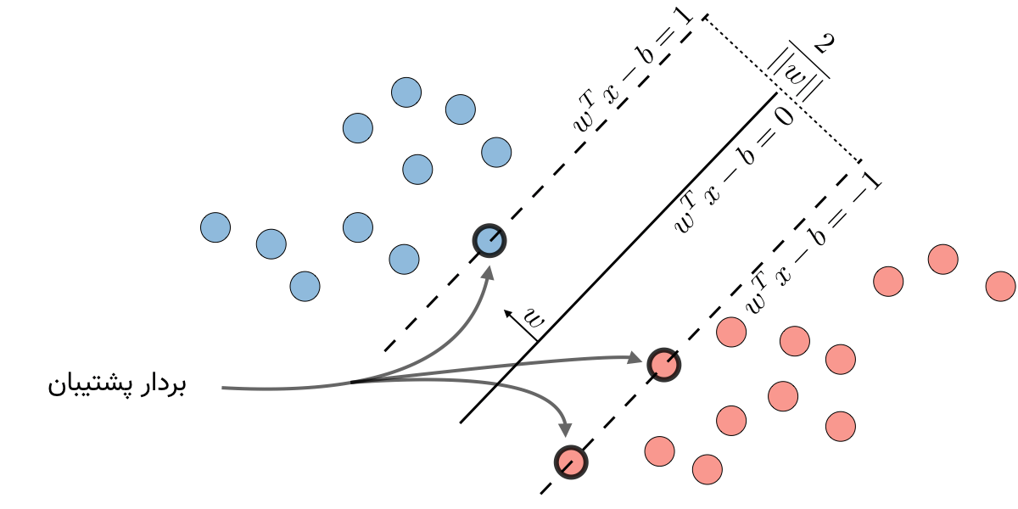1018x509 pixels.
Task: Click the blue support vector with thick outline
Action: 489,241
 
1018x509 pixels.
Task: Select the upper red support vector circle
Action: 663,364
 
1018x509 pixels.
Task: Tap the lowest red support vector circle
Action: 571,462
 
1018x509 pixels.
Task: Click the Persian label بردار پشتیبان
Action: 116,385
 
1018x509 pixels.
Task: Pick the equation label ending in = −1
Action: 812,246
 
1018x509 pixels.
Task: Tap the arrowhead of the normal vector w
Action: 507,313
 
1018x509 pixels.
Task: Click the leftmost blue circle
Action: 215,227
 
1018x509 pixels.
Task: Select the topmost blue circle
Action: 406,92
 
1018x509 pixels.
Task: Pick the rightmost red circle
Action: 1000,286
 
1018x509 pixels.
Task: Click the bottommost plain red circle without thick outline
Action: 707,468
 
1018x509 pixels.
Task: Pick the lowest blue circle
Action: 305,287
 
